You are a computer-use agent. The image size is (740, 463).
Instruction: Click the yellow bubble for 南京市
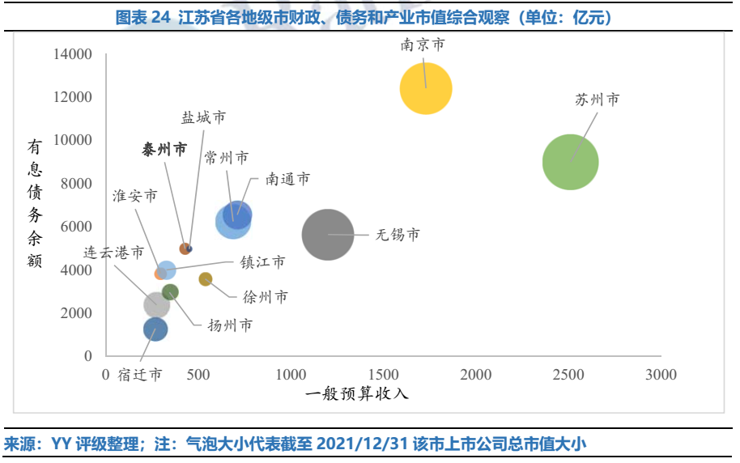[x=426, y=88]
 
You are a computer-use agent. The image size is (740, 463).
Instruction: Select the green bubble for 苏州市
[x=570, y=162]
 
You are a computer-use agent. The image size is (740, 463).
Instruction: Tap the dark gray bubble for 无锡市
[x=327, y=235]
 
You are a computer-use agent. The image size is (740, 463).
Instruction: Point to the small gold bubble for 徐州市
[x=206, y=279]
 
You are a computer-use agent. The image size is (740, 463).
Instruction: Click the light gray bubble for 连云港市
[x=156, y=305]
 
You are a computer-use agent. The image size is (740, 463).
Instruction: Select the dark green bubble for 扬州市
[x=170, y=292]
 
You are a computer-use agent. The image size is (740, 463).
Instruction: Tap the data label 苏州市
[x=598, y=100]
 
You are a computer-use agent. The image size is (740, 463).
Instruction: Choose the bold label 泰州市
[x=164, y=150]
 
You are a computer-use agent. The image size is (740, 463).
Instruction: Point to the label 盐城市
[x=203, y=118]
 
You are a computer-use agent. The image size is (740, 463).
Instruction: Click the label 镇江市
[x=262, y=262]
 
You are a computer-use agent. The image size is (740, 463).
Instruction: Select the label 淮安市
[x=135, y=197]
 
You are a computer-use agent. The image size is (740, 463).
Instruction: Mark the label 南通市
[x=287, y=179]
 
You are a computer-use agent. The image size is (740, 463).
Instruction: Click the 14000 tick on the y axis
[x=72, y=54]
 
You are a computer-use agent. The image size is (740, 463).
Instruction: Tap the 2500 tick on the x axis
[x=568, y=374]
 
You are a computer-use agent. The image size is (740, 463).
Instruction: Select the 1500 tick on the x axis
[x=383, y=374]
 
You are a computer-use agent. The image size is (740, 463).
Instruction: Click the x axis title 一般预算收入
[x=357, y=394]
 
